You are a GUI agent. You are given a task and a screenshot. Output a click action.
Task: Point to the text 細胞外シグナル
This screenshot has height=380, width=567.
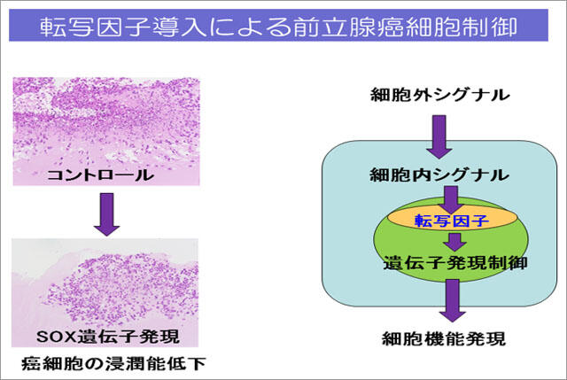[441, 93]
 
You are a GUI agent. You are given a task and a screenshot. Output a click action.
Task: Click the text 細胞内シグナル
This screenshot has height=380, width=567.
[441, 175]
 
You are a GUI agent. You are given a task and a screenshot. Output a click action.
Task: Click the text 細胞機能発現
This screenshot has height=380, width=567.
[440, 337]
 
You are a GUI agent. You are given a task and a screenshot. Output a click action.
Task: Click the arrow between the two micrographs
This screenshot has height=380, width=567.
[105, 217]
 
